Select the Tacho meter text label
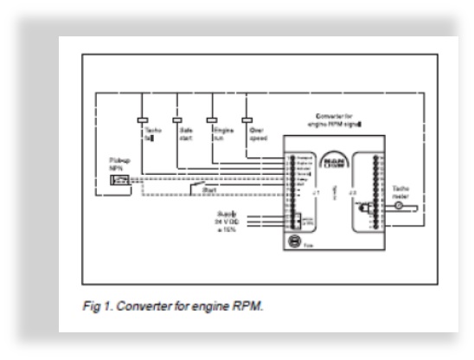click(x=403, y=191)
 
